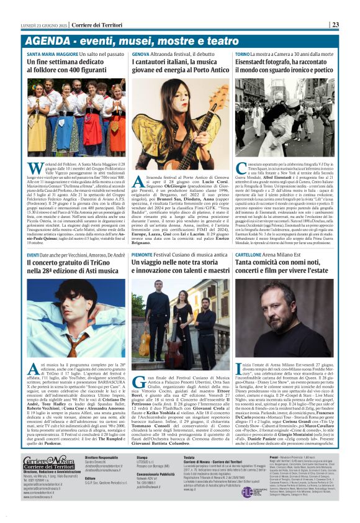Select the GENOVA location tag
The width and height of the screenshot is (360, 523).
[x=140, y=55]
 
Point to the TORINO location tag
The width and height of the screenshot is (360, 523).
[x=242, y=55]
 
